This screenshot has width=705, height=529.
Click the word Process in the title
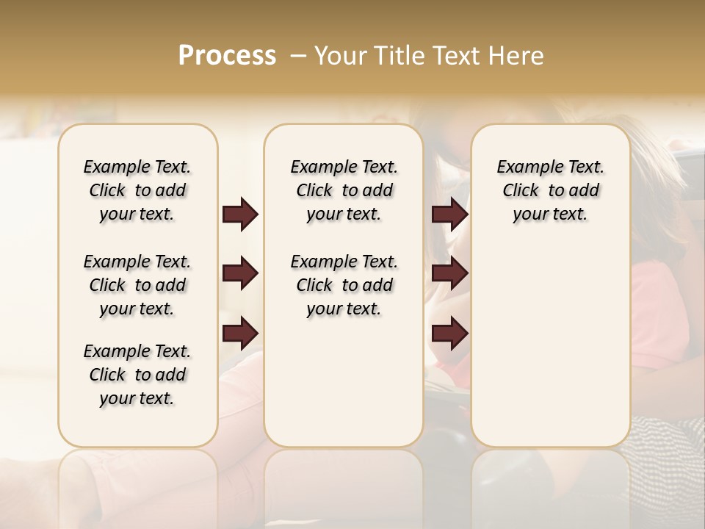coord(227,56)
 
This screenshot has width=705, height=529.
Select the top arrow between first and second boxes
coord(240,215)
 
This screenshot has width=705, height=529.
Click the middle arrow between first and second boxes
coord(240,274)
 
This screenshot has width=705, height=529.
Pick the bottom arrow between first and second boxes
coord(240,334)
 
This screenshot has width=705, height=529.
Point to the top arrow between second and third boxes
coord(449,215)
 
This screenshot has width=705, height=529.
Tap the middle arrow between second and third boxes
coord(449,274)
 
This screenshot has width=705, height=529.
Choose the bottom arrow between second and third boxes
coord(449,334)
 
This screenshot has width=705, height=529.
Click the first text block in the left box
coord(137,190)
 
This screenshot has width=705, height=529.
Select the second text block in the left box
coord(137,285)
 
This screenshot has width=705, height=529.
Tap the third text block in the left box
coord(137,375)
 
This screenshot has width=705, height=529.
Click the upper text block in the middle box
coord(344,190)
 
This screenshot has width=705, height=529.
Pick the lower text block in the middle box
coord(344,285)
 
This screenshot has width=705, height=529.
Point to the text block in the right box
coord(550,190)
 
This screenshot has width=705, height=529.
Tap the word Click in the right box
coord(521,191)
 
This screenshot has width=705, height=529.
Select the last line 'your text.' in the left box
coord(137,398)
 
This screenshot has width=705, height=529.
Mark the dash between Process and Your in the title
coord(297,56)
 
